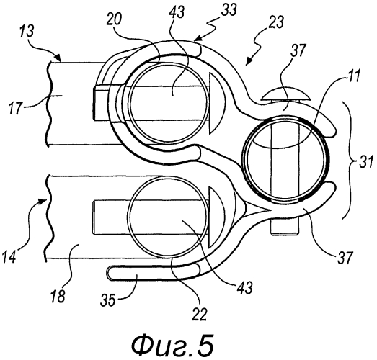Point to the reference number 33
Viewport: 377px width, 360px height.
[229, 10]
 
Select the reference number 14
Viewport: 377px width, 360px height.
[9, 256]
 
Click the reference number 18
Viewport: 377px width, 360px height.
[58, 295]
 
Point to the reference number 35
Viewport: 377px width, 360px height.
[108, 300]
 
